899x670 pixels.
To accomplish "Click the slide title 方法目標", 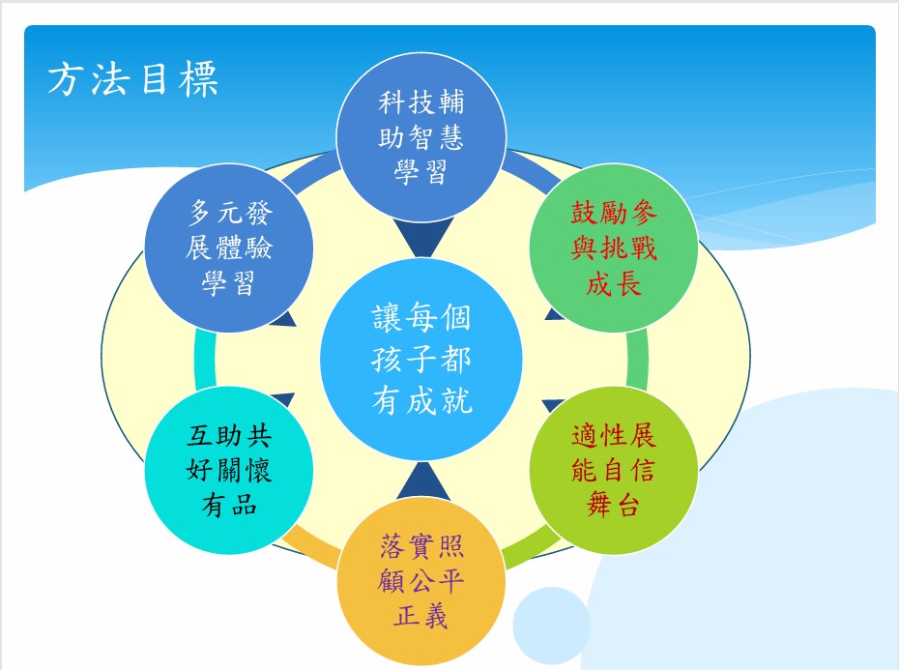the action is [x=133, y=78].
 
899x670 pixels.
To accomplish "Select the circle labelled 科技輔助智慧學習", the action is [x=421, y=137].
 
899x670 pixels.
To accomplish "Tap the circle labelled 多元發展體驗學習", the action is [x=229, y=248].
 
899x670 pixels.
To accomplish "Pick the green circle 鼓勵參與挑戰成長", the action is [x=614, y=248].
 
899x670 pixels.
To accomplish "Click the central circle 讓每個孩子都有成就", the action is [x=421, y=360].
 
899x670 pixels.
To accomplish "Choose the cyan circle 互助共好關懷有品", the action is [x=229, y=471].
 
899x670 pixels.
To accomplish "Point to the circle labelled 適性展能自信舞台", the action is [x=614, y=471].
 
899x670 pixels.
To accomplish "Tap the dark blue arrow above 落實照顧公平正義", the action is [x=423, y=481].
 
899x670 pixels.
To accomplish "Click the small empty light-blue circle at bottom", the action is [x=551, y=626].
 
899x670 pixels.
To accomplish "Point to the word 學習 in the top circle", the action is [x=420, y=172].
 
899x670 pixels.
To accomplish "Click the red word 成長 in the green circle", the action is [x=614, y=284].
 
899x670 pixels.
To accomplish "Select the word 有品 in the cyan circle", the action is [x=229, y=506].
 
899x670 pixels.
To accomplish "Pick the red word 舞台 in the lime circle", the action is [x=614, y=506].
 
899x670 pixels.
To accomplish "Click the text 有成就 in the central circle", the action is [x=421, y=400].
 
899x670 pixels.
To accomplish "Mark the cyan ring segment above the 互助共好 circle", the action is [x=205, y=360].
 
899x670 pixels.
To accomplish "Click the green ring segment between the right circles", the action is [x=638, y=360].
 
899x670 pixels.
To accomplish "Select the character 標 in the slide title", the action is [x=198, y=78].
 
